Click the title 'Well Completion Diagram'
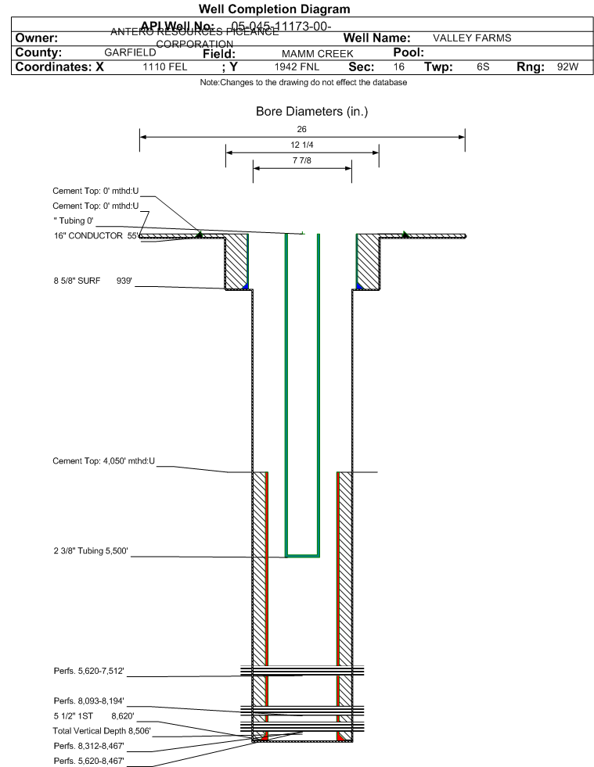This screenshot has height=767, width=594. click(x=274, y=9)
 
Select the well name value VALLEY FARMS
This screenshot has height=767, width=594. click(x=471, y=38)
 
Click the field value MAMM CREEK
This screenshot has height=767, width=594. click(x=311, y=54)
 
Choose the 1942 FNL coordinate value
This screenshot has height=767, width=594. click(x=297, y=67)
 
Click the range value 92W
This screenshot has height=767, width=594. click(x=567, y=67)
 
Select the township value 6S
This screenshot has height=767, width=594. click(x=483, y=67)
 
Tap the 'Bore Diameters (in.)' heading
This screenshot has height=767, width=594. click(x=311, y=112)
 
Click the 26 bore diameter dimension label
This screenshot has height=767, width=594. click(x=302, y=129)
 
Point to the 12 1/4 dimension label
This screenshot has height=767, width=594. click(x=302, y=145)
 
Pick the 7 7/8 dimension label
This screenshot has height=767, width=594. click(x=302, y=160)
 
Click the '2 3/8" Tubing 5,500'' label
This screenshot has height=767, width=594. click(x=90, y=552)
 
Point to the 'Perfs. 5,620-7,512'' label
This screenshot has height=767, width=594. click(x=89, y=671)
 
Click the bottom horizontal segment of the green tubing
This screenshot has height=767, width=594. click(x=302, y=555)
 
